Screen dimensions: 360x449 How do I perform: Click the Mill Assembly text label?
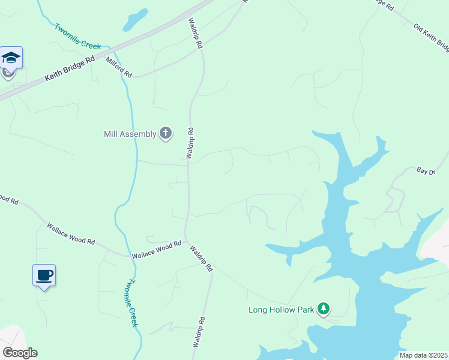(x=129, y=134)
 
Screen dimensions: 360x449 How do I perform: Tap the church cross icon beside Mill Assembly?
(x=166, y=133)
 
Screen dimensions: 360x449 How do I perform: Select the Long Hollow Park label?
(x=282, y=310)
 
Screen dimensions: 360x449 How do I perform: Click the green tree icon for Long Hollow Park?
(x=324, y=309)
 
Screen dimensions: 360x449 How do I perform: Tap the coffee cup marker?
(x=44, y=275)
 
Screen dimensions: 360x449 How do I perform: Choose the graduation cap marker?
(x=11, y=58)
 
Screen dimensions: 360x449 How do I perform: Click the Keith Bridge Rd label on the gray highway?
(x=70, y=70)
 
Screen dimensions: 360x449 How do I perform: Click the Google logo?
(x=20, y=353)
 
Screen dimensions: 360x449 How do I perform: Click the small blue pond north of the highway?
(x=135, y=20)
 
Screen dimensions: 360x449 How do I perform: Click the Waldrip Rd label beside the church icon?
(x=190, y=143)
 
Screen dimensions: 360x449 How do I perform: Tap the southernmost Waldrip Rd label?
(x=199, y=332)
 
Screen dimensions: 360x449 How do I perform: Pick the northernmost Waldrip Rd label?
(x=196, y=34)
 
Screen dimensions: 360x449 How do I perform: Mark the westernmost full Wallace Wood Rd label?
(x=71, y=233)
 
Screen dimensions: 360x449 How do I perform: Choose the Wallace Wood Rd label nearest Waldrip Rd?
(x=157, y=250)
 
